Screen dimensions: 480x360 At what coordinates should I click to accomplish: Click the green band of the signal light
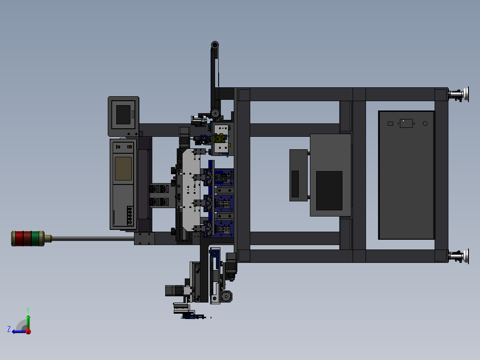point(35,238)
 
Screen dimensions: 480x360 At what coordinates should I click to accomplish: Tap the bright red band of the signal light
point(19,238)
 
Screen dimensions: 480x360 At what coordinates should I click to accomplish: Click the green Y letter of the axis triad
point(28,310)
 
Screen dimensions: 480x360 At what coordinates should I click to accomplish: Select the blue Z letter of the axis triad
point(9,329)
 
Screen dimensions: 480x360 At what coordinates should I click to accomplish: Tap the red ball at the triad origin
point(28,331)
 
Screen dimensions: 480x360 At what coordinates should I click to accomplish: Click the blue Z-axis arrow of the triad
point(19,331)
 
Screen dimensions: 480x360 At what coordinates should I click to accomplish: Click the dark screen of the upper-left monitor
point(123,115)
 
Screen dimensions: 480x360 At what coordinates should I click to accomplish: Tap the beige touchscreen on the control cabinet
point(123,168)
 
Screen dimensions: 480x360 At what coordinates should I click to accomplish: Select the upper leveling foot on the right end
point(459,94)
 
